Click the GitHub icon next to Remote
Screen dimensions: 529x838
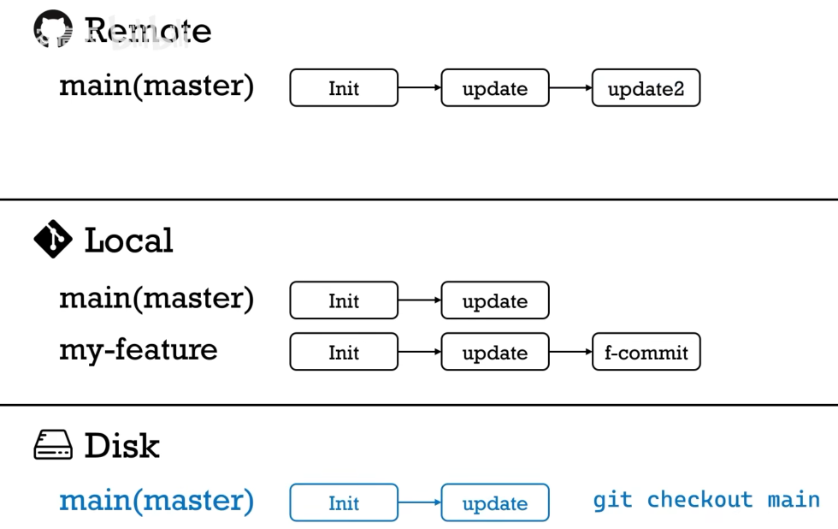pyautogui.click(x=53, y=31)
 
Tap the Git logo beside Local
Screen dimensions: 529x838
pyautogui.click(x=53, y=240)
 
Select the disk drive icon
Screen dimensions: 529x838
pyautogui.click(x=53, y=446)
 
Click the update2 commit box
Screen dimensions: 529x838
pyautogui.click(x=646, y=88)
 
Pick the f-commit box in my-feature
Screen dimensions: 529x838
pyautogui.click(x=646, y=352)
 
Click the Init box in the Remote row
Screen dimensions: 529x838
pyautogui.click(x=344, y=88)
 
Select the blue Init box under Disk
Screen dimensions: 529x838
pyautogui.click(x=344, y=503)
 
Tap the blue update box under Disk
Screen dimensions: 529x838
pyautogui.click(x=494, y=503)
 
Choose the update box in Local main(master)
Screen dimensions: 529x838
pyautogui.click(x=494, y=300)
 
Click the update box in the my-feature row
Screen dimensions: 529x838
pyautogui.click(x=494, y=352)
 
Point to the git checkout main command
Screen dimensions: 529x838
pyautogui.click(x=706, y=500)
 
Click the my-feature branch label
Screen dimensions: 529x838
pyautogui.click(x=138, y=350)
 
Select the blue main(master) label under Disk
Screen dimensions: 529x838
pyautogui.click(x=156, y=501)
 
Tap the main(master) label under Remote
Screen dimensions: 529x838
pyautogui.click(x=156, y=86)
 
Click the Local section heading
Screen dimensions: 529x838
pyautogui.click(x=128, y=241)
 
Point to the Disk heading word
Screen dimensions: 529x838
pyautogui.click(x=121, y=446)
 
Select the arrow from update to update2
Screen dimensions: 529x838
pyautogui.click(x=570, y=88)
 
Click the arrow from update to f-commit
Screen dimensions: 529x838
pyautogui.click(x=570, y=352)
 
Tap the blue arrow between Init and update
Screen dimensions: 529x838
pyautogui.click(x=419, y=503)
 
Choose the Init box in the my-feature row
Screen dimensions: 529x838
pyautogui.click(x=344, y=352)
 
